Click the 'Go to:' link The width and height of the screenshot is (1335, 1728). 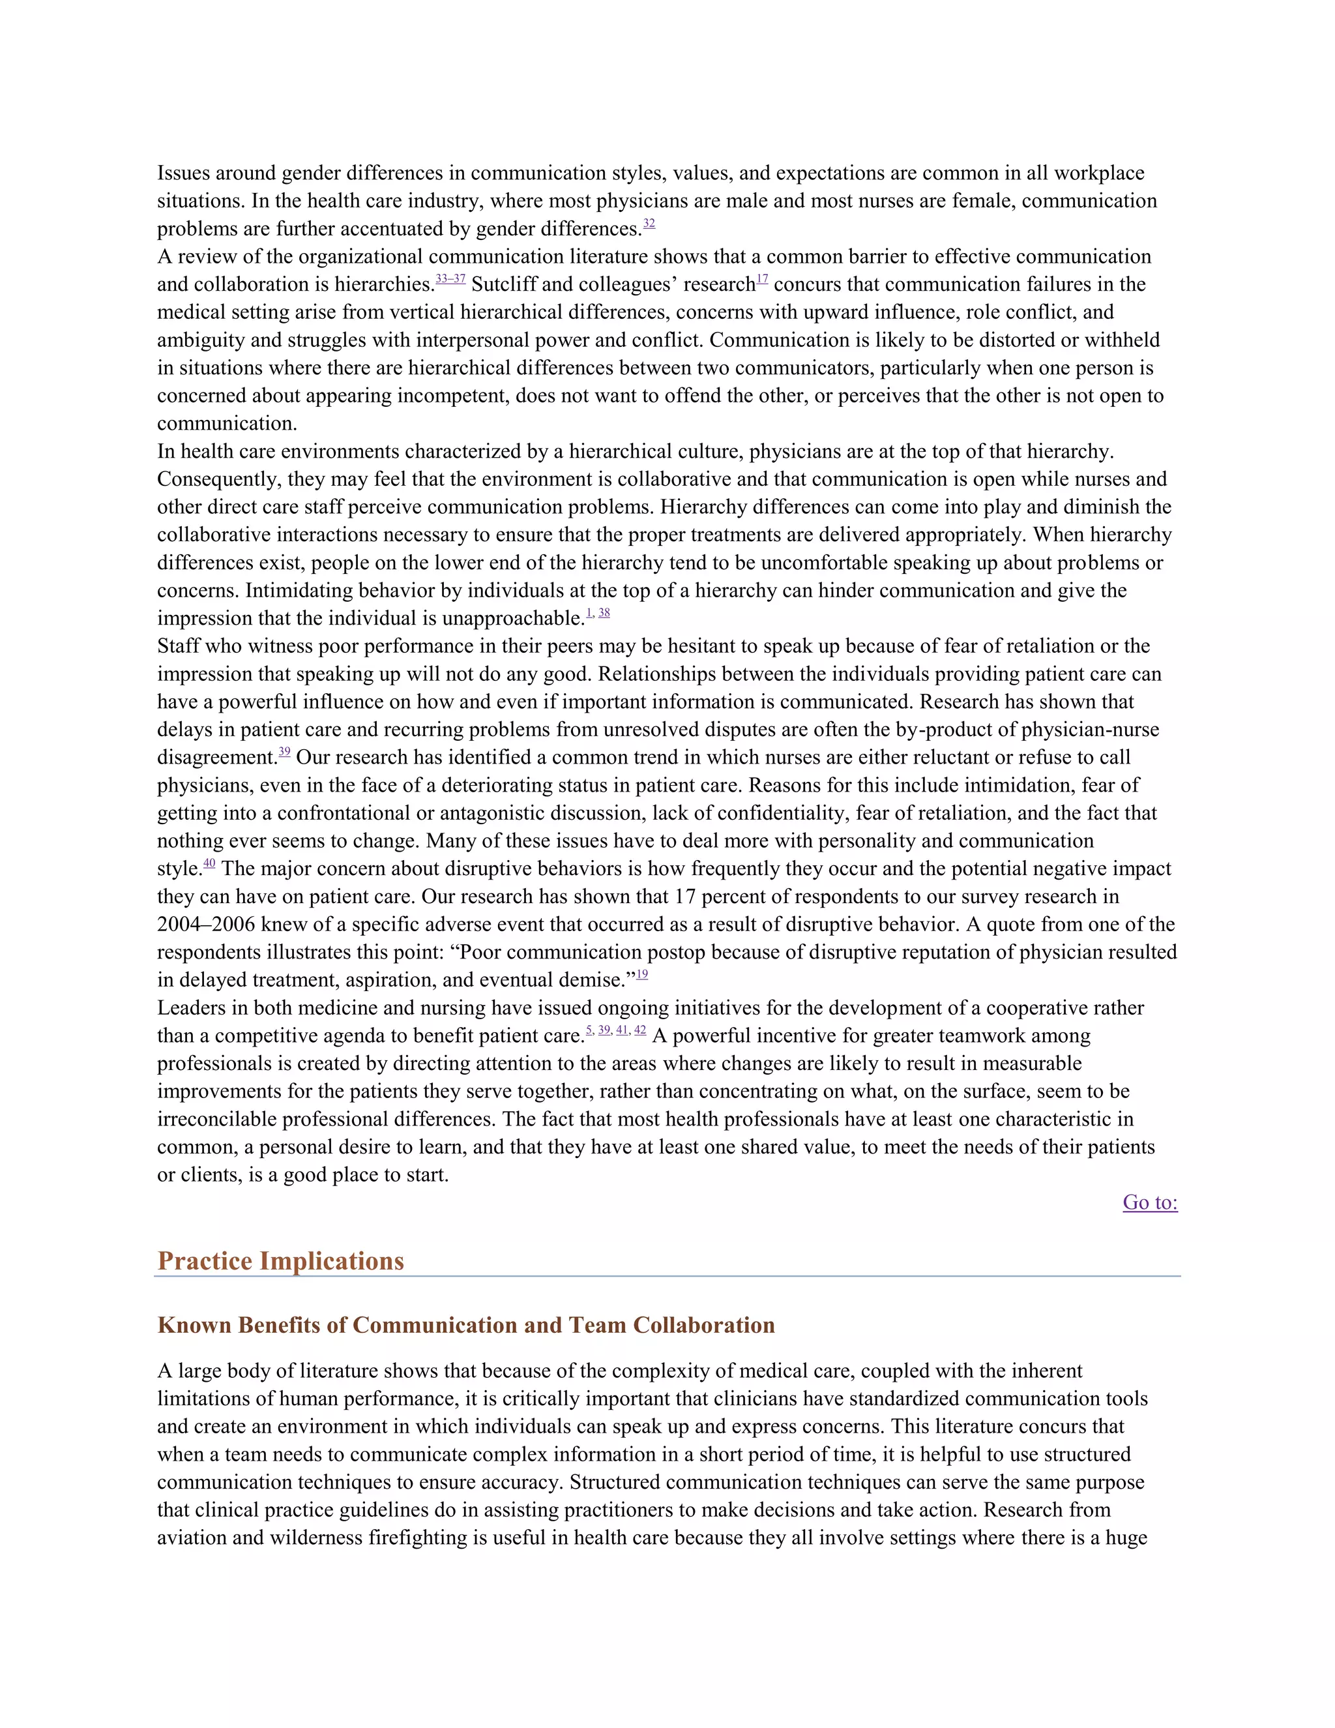[1149, 1202]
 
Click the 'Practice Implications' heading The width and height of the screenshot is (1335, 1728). [281, 1260]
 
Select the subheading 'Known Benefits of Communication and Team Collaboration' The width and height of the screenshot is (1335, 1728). [466, 1325]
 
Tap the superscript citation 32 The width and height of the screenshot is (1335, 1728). [649, 224]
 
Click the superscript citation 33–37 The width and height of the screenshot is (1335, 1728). [450, 279]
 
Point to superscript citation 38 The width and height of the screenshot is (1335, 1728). [604, 613]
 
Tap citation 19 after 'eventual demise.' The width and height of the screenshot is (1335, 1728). [642, 975]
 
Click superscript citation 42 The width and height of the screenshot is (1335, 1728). [641, 1030]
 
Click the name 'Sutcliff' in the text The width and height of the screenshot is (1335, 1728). [504, 285]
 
